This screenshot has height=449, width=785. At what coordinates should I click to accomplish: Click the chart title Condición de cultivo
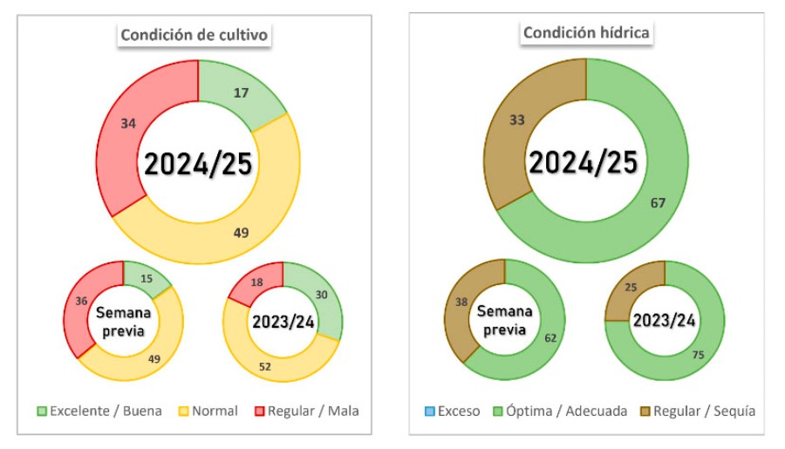click(x=194, y=36)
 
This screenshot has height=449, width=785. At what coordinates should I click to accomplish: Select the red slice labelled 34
click(x=128, y=124)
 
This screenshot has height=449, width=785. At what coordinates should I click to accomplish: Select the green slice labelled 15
click(x=145, y=280)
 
